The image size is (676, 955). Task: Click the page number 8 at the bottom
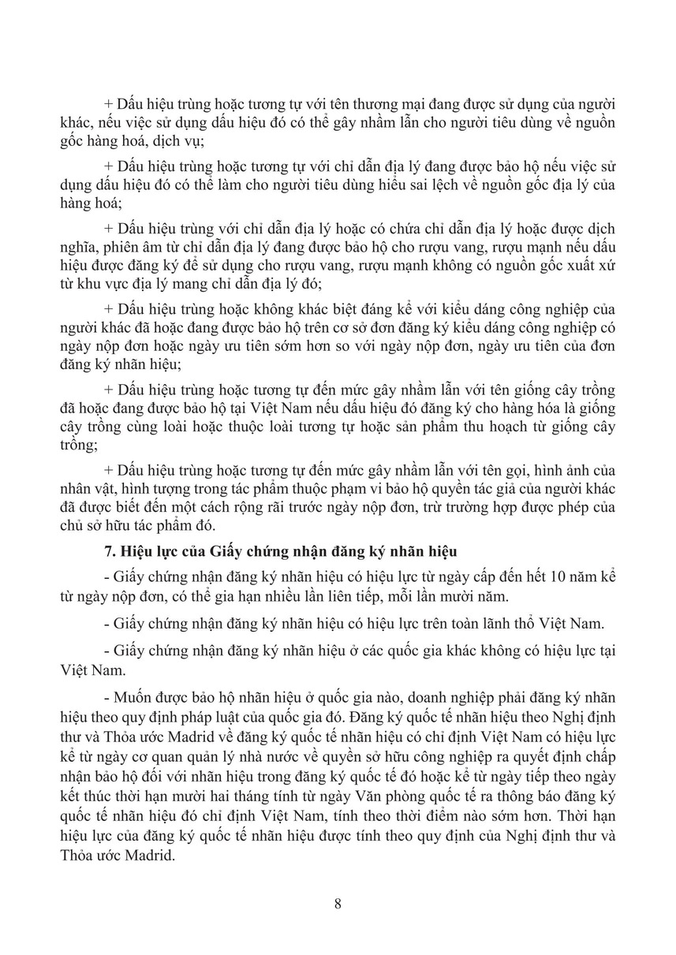point(338,904)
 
